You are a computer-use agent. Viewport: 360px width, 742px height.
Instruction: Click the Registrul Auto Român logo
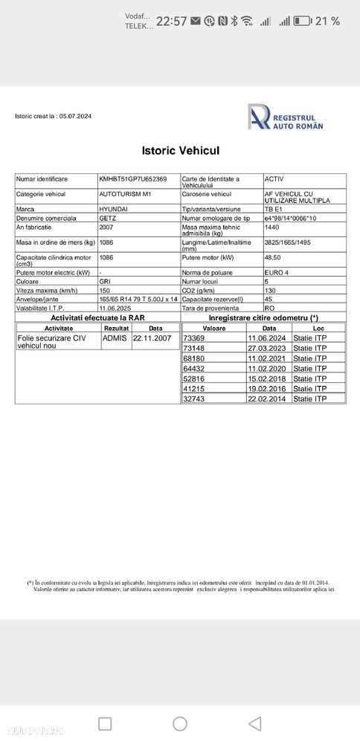pos(286,117)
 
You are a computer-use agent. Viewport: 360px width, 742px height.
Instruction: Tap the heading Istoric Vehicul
pos(180,151)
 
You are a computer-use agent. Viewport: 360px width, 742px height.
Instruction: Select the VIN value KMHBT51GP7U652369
pos(133,179)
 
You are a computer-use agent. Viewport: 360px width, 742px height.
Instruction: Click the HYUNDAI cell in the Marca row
pos(113,210)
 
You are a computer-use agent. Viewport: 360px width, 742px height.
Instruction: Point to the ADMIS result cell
pos(115,338)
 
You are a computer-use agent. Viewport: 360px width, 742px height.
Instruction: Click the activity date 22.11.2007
pos(152,338)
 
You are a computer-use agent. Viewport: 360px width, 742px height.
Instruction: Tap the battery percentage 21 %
pos(327,21)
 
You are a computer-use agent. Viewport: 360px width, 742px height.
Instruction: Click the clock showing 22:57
pos(171,22)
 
